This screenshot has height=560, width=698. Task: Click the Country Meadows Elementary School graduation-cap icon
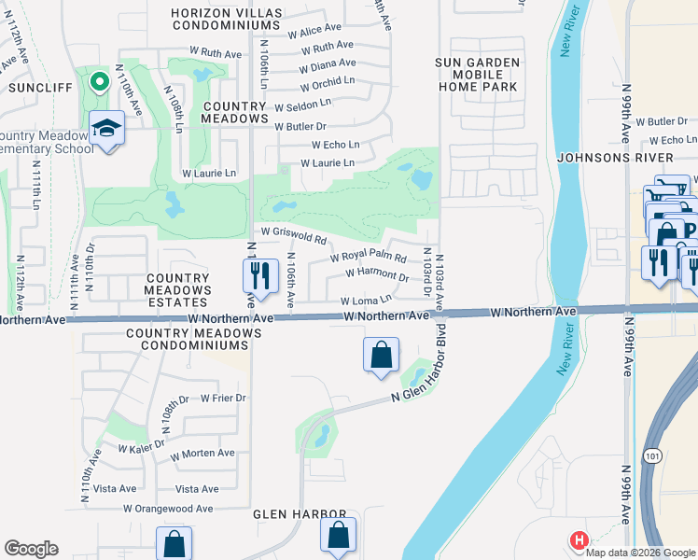(x=107, y=128)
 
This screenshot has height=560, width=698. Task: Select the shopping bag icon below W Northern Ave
(x=381, y=355)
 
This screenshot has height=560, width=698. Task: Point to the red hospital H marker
(x=579, y=540)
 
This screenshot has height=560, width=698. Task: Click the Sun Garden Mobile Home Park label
(x=476, y=74)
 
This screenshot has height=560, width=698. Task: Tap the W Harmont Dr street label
(x=377, y=275)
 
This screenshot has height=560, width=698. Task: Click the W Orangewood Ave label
(x=168, y=509)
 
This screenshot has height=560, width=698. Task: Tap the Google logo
(x=31, y=549)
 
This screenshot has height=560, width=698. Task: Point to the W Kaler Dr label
(x=142, y=448)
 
